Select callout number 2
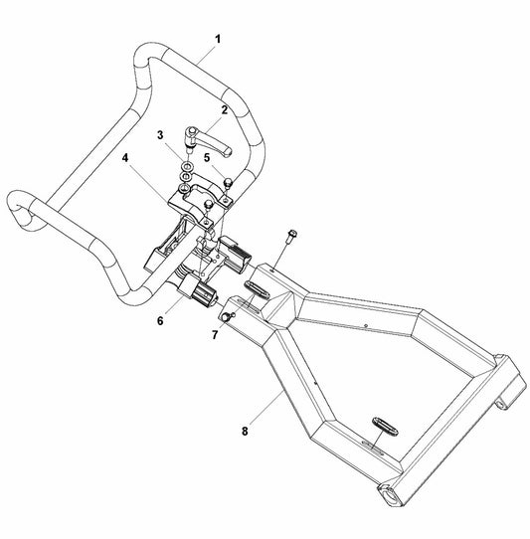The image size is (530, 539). [224, 110]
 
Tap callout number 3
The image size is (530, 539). [158, 135]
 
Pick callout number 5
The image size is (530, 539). [206, 157]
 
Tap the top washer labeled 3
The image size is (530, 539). [186, 164]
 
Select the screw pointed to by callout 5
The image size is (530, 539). [228, 182]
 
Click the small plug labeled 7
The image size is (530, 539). [225, 316]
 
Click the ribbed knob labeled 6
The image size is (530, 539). [206, 295]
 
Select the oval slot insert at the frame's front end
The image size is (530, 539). [255, 287]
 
